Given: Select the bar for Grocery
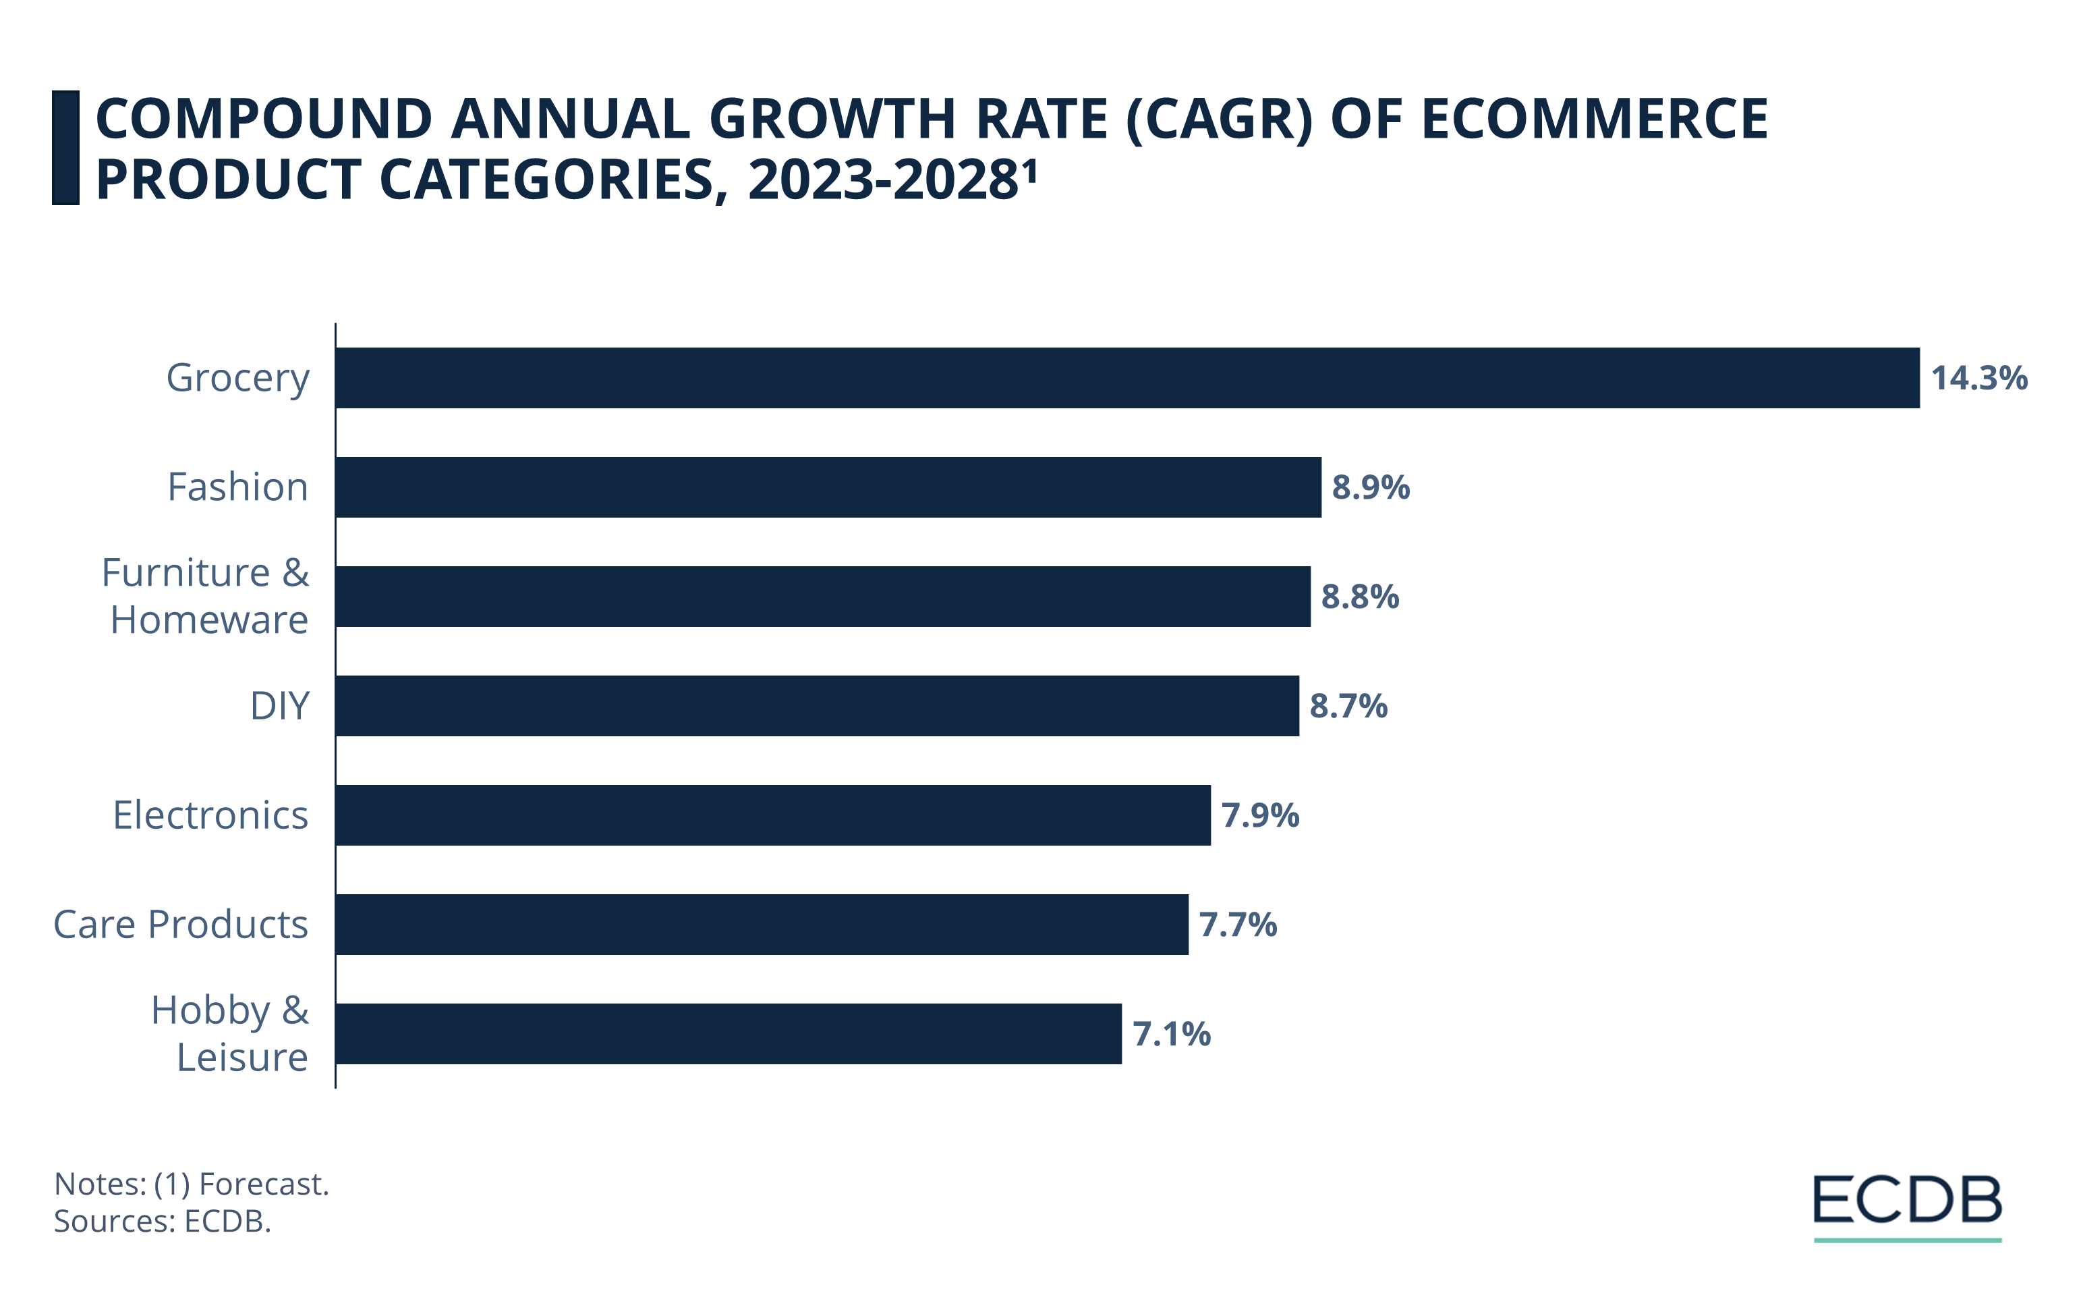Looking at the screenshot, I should coord(1126,378).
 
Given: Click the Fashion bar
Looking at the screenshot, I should coord(828,487).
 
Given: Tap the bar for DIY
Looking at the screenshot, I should coord(817,706).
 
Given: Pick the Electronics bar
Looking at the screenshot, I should coord(772,815).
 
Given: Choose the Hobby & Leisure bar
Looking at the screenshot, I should coord(729,1034).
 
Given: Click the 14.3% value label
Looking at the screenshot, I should coord(1979,378).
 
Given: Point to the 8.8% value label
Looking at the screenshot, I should coord(1360,597).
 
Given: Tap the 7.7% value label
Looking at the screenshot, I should coord(1238,925).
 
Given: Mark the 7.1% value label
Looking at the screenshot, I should coord(1171,1034).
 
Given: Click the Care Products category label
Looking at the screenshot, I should coord(181,925).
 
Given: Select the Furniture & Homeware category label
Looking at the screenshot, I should coord(206,596).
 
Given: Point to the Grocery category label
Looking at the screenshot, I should coord(238,378).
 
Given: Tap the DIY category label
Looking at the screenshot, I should coord(279,706).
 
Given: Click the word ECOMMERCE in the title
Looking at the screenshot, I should coord(1594,119).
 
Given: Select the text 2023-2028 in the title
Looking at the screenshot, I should coord(882,180).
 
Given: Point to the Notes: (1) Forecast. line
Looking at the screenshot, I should coord(191,1184).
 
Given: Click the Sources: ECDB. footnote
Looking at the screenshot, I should coord(163,1221).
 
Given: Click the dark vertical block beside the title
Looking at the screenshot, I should coord(65,148).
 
